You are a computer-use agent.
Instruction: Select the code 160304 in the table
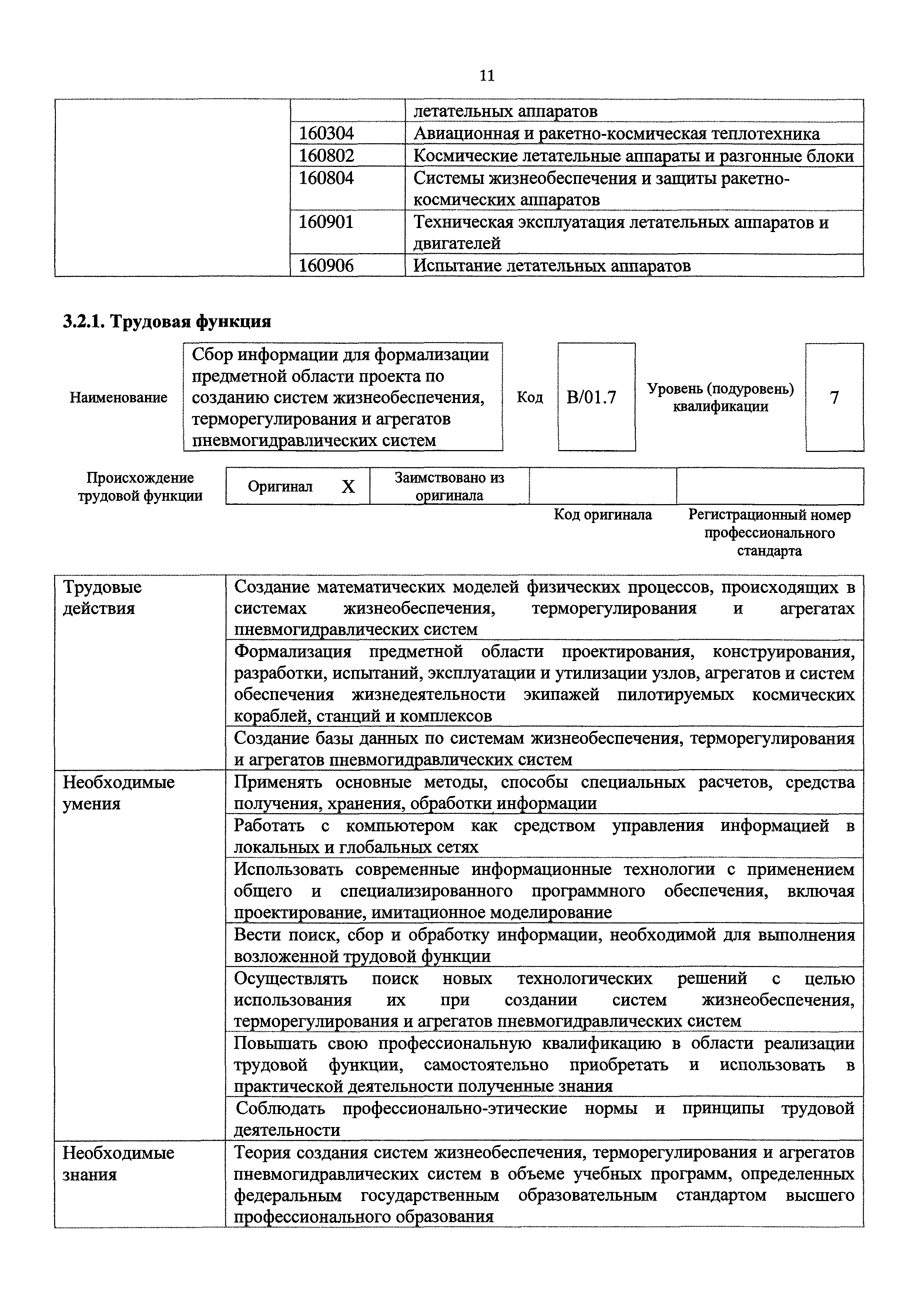point(326,134)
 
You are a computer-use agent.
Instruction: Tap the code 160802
point(326,156)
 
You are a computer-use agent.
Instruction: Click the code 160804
point(326,178)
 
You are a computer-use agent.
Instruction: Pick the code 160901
point(326,222)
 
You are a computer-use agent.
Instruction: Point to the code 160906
point(326,266)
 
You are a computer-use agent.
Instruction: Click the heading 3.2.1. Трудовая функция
point(167,322)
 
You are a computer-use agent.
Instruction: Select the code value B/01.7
point(591,398)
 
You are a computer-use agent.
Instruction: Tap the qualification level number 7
point(834,398)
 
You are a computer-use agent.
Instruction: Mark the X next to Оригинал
point(348,487)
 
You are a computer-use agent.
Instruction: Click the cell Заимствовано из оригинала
point(449,487)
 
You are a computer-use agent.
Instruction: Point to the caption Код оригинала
point(603,515)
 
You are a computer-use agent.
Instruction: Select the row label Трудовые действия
point(102,598)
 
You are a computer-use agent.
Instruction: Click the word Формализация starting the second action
point(292,652)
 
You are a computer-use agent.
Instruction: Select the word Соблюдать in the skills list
point(280,1109)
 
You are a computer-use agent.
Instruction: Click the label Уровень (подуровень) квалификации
point(721,398)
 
